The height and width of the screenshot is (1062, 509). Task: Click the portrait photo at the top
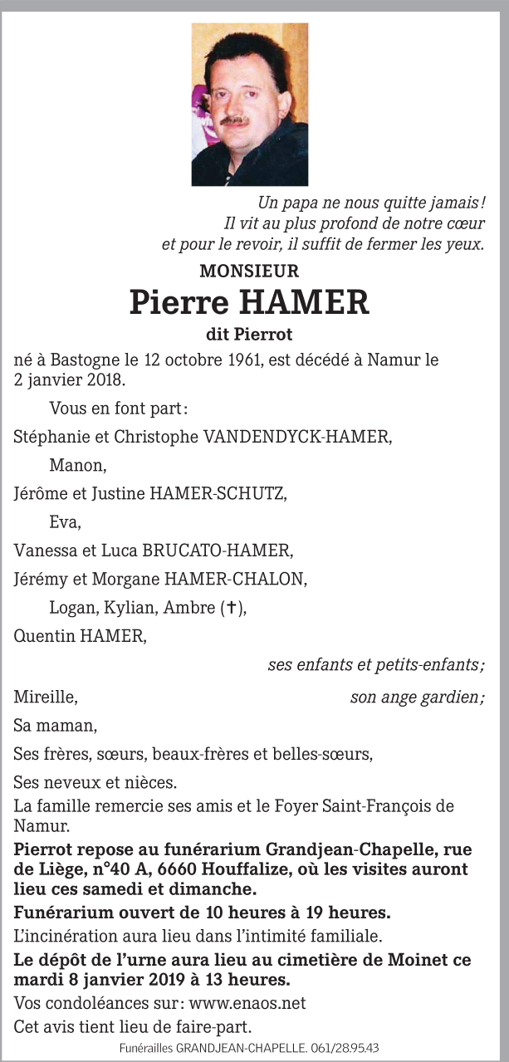pos(250,105)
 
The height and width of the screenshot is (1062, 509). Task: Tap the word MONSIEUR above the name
pos(249,271)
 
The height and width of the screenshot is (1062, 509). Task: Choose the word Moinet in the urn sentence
pos(399,960)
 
